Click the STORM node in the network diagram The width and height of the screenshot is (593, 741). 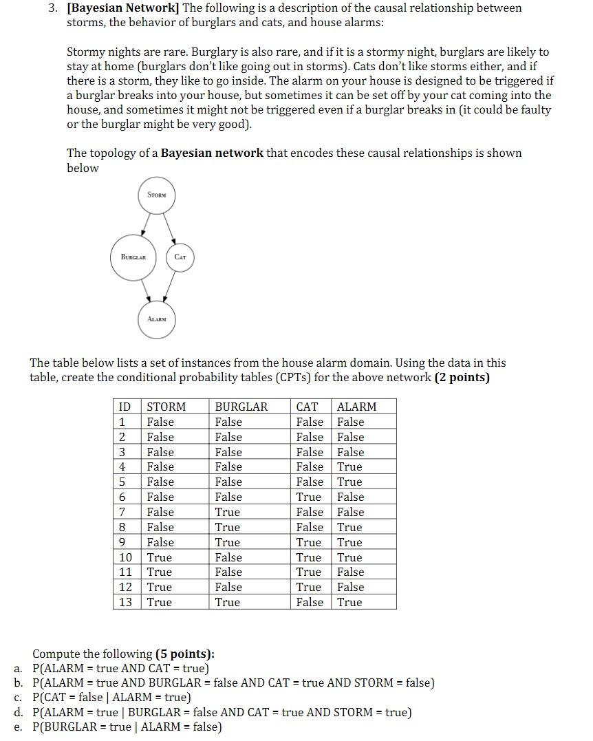[157, 195]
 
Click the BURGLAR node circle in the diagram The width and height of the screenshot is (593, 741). [133, 257]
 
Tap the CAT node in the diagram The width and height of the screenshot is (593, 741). [180, 257]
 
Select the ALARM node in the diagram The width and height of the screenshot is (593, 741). [156, 319]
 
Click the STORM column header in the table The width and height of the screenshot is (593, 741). [166, 407]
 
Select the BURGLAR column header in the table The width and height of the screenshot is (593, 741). [241, 407]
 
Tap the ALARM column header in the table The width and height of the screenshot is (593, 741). [356, 407]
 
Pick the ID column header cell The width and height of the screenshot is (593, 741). [125, 407]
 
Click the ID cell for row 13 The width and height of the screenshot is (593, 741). [125, 602]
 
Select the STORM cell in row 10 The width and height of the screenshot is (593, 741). [160, 557]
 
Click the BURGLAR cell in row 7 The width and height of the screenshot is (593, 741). [228, 512]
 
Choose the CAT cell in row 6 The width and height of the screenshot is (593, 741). [308, 497]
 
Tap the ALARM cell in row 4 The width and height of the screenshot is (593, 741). [349, 466]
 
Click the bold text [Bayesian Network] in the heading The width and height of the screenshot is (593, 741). [123, 8]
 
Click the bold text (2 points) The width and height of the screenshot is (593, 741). [462, 377]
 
